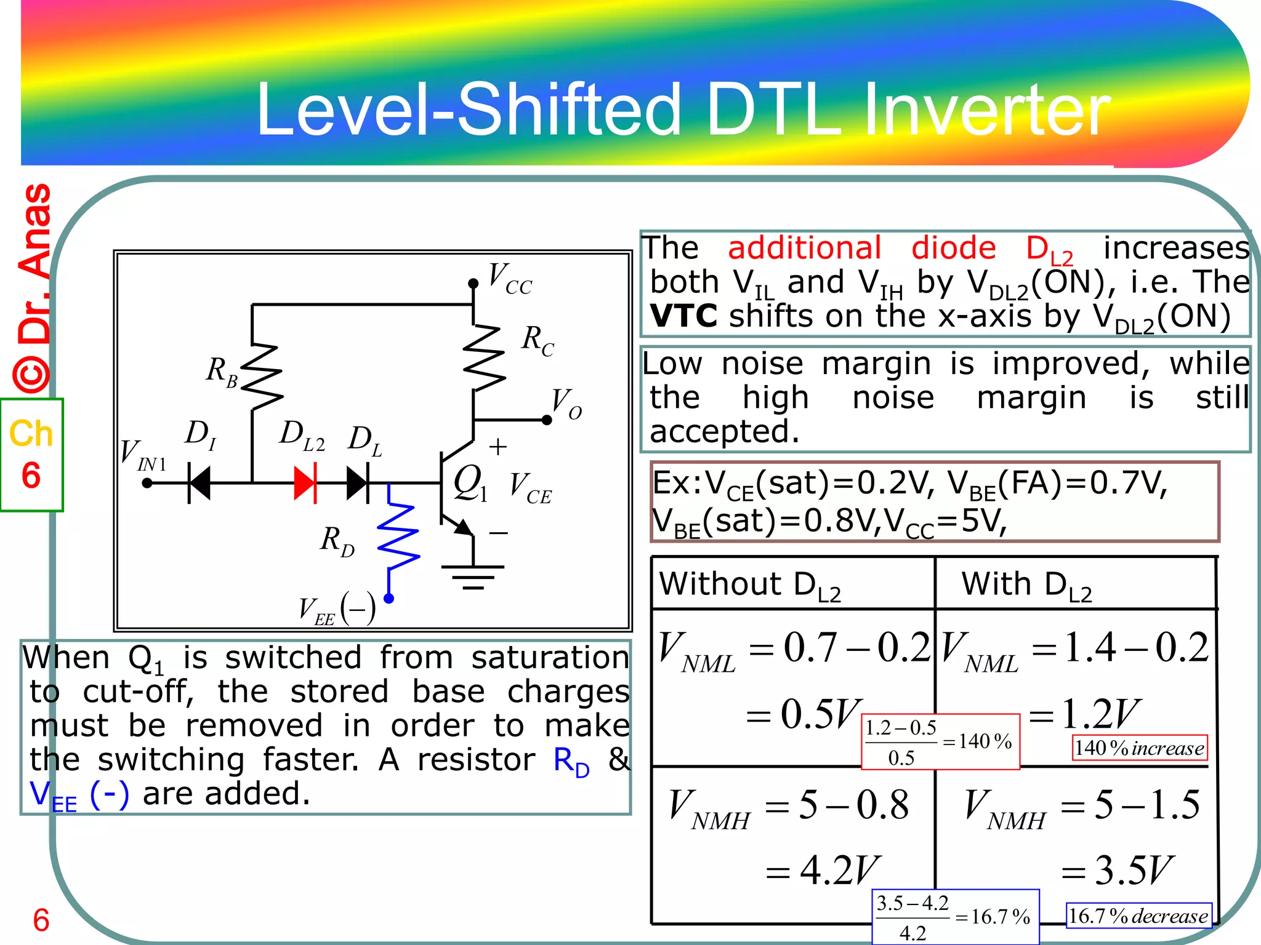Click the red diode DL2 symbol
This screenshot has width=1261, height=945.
click(x=305, y=483)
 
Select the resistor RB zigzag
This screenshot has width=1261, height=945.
click(x=261, y=377)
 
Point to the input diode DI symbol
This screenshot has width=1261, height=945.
click(x=199, y=484)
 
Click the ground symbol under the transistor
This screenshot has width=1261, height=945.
click(x=473, y=576)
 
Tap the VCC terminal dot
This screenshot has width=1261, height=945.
click(x=473, y=284)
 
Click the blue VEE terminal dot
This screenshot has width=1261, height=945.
click(x=389, y=598)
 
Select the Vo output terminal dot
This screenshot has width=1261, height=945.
click(x=546, y=420)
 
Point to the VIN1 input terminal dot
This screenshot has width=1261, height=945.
click(x=147, y=484)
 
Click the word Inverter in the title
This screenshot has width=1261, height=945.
click(x=986, y=111)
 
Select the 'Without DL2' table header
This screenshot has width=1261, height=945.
click(x=750, y=584)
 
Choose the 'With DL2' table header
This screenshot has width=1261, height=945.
click(x=1026, y=584)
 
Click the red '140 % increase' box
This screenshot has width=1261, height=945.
click(x=1139, y=748)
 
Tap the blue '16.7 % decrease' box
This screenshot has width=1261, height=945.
click(x=1138, y=916)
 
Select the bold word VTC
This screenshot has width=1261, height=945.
click(x=683, y=317)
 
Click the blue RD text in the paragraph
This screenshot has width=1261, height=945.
click(x=571, y=762)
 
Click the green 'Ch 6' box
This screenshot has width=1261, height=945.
click(x=31, y=455)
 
